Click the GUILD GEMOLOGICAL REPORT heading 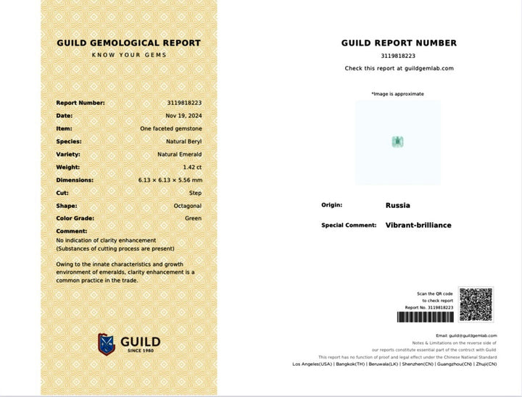[x=128, y=43]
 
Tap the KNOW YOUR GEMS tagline [x=129, y=55]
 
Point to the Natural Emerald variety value [x=180, y=154]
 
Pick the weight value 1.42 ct [x=192, y=167]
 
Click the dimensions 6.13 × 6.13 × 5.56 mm [x=170, y=180]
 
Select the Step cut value [x=195, y=193]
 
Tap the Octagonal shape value [x=186, y=206]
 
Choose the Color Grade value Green [x=192, y=219]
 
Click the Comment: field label [x=72, y=231]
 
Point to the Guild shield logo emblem [x=107, y=343]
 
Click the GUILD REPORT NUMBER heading [x=399, y=43]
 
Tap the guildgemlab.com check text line [x=399, y=68]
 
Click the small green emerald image [x=397, y=141]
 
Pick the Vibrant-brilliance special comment [x=418, y=225]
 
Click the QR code [x=476, y=305]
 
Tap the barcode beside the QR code [x=425, y=317]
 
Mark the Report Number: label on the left [x=80, y=103]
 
